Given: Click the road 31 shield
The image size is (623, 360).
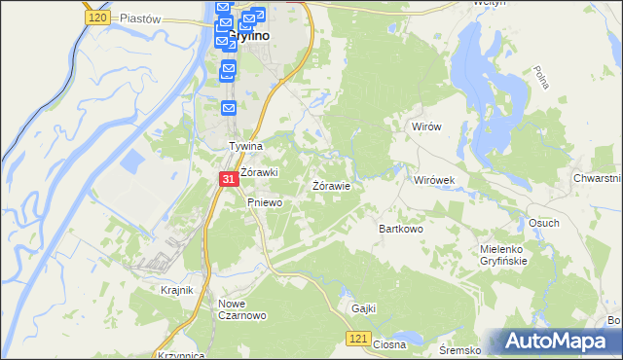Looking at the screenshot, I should [x=226, y=180].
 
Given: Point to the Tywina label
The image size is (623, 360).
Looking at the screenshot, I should [x=246, y=147].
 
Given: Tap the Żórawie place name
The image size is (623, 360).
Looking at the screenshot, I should [x=331, y=185].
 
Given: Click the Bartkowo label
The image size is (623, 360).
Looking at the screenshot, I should [x=400, y=229].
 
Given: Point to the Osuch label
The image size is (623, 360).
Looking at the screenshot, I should [x=543, y=223].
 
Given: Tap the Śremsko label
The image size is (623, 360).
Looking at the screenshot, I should [x=459, y=349].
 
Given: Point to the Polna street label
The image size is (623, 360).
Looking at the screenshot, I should [x=541, y=79].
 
